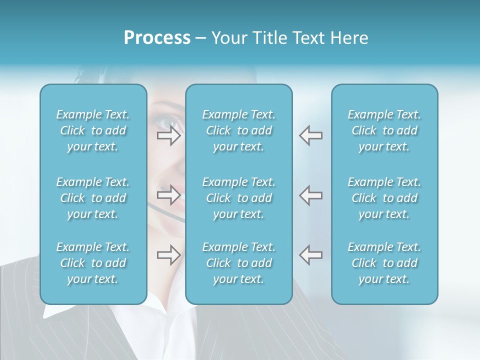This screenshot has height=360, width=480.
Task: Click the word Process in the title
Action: pos(157,38)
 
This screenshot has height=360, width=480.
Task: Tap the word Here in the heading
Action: pos(349,38)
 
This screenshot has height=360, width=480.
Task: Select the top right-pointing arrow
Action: pos(168,135)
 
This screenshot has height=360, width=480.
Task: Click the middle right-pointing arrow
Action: pos(168,195)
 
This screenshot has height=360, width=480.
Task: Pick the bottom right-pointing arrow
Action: pos(168,255)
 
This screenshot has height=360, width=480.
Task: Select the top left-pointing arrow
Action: pos(310,135)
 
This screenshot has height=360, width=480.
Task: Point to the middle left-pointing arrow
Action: pos(310,195)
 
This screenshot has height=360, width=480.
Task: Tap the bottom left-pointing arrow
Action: pos(310,255)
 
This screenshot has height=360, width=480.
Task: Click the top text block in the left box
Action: pos(93,130)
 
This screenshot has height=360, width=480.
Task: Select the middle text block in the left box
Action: pos(93,198)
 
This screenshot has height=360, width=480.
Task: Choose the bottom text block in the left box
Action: pos(93,263)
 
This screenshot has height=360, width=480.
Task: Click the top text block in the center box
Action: pos(239,130)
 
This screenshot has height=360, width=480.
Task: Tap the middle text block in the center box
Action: pos(239,198)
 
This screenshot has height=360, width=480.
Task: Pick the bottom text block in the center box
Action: pos(239,263)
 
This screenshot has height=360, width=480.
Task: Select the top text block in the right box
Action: pos(384,130)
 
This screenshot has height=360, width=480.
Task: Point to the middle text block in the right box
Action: pos(384,198)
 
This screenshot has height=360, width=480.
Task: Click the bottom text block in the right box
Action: pos(384,263)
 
